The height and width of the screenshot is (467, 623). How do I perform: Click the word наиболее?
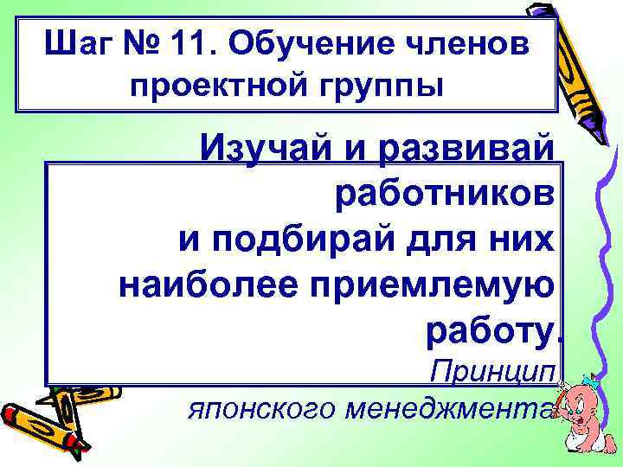[209, 283]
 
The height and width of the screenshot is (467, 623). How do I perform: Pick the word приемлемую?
[433, 283]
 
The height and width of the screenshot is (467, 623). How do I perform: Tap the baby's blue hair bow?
[591, 381]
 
